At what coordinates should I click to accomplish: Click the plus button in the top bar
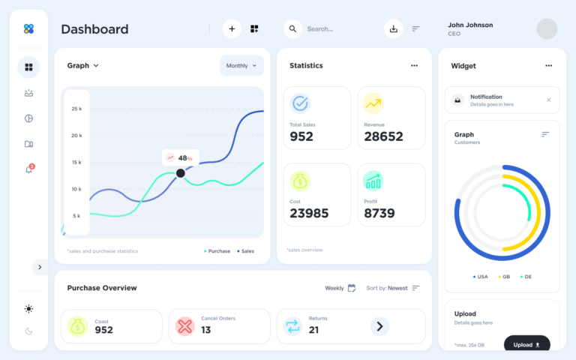coord(232,28)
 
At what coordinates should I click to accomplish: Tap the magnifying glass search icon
coord(292,28)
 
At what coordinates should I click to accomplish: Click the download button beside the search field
coord(394,28)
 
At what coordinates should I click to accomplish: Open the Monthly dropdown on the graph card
coord(241,66)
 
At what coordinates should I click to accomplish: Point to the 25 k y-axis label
coord(76,109)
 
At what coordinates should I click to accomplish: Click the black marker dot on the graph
coord(180,173)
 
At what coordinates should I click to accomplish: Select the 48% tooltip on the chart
coord(181,157)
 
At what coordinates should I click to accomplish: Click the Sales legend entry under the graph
coord(245,251)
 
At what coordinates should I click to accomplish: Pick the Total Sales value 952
coord(301,136)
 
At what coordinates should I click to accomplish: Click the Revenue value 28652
coord(383,136)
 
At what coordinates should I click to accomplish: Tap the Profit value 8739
coord(379,213)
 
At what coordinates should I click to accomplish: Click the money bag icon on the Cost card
coord(300,181)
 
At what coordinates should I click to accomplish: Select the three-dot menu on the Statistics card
coord(414,66)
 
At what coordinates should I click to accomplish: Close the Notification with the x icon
coord(548,100)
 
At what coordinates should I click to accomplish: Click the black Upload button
coord(526,345)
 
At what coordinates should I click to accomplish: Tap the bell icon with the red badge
coord(28,169)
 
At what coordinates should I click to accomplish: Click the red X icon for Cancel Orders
coord(184,326)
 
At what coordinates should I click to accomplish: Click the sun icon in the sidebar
coord(28,308)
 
